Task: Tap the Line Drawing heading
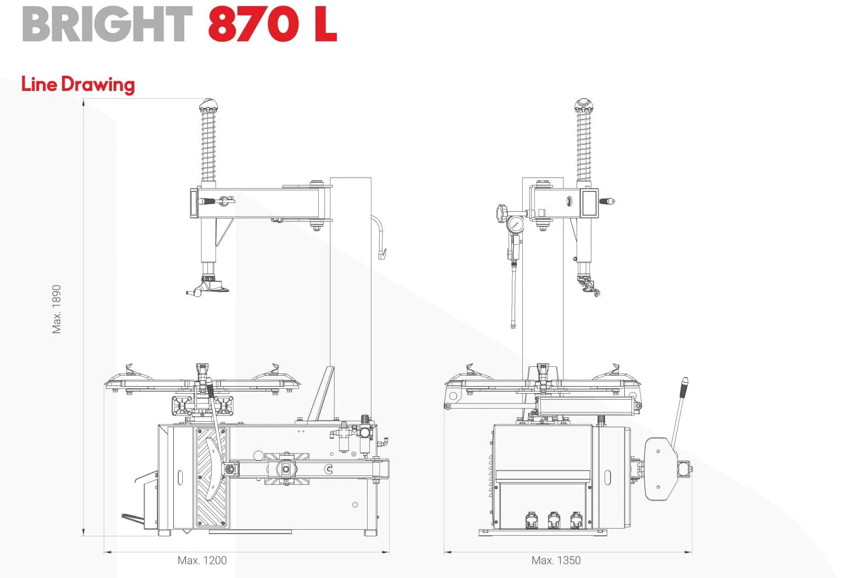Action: tap(78, 84)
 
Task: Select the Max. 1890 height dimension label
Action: tap(57, 309)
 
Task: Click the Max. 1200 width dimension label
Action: tap(202, 560)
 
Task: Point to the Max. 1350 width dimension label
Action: tap(556, 560)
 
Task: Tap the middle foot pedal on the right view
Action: tap(554, 520)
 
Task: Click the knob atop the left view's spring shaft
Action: tap(208, 105)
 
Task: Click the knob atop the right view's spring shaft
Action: tap(583, 105)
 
